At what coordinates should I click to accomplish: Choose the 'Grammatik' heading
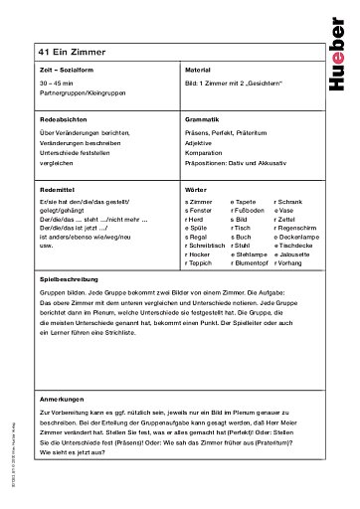click(202, 118)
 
